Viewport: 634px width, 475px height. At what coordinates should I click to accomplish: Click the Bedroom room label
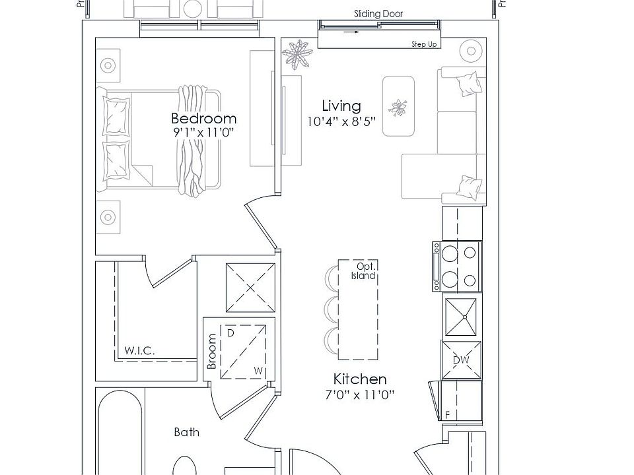pyautogui.click(x=203, y=119)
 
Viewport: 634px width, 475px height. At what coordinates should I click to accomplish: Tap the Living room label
pyautogui.click(x=341, y=106)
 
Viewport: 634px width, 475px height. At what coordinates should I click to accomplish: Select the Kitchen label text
pyautogui.click(x=359, y=379)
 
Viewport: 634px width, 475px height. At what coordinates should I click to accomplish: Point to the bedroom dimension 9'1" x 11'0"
pyautogui.click(x=203, y=133)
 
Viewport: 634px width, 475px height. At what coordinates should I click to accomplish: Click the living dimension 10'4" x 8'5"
pyautogui.click(x=341, y=121)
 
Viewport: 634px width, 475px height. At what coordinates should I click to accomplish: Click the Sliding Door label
pyautogui.click(x=378, y=14)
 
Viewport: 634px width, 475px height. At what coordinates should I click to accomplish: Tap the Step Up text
pyautogui.click(x=425, y=44)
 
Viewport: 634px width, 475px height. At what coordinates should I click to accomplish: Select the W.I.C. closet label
pyautogui.click(x=139, y=351)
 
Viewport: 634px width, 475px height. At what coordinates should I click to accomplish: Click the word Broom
pyautogui.click(x=212, y=352)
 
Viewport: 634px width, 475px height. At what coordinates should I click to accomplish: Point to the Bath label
pyautogui.click(x=186, y=433)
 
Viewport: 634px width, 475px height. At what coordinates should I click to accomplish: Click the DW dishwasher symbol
pyautogui.click(x=461, y=360)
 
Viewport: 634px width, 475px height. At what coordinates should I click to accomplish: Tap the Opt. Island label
pyautogui.click(x=363, y=271)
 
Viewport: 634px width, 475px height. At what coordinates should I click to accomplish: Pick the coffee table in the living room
pyautogui.click(x=398, y=106)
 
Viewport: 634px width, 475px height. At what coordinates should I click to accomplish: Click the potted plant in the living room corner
pyautogui.click(x=299, y=54)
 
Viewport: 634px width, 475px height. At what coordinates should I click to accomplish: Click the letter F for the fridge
pyautogui.click(x=447, y=415)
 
